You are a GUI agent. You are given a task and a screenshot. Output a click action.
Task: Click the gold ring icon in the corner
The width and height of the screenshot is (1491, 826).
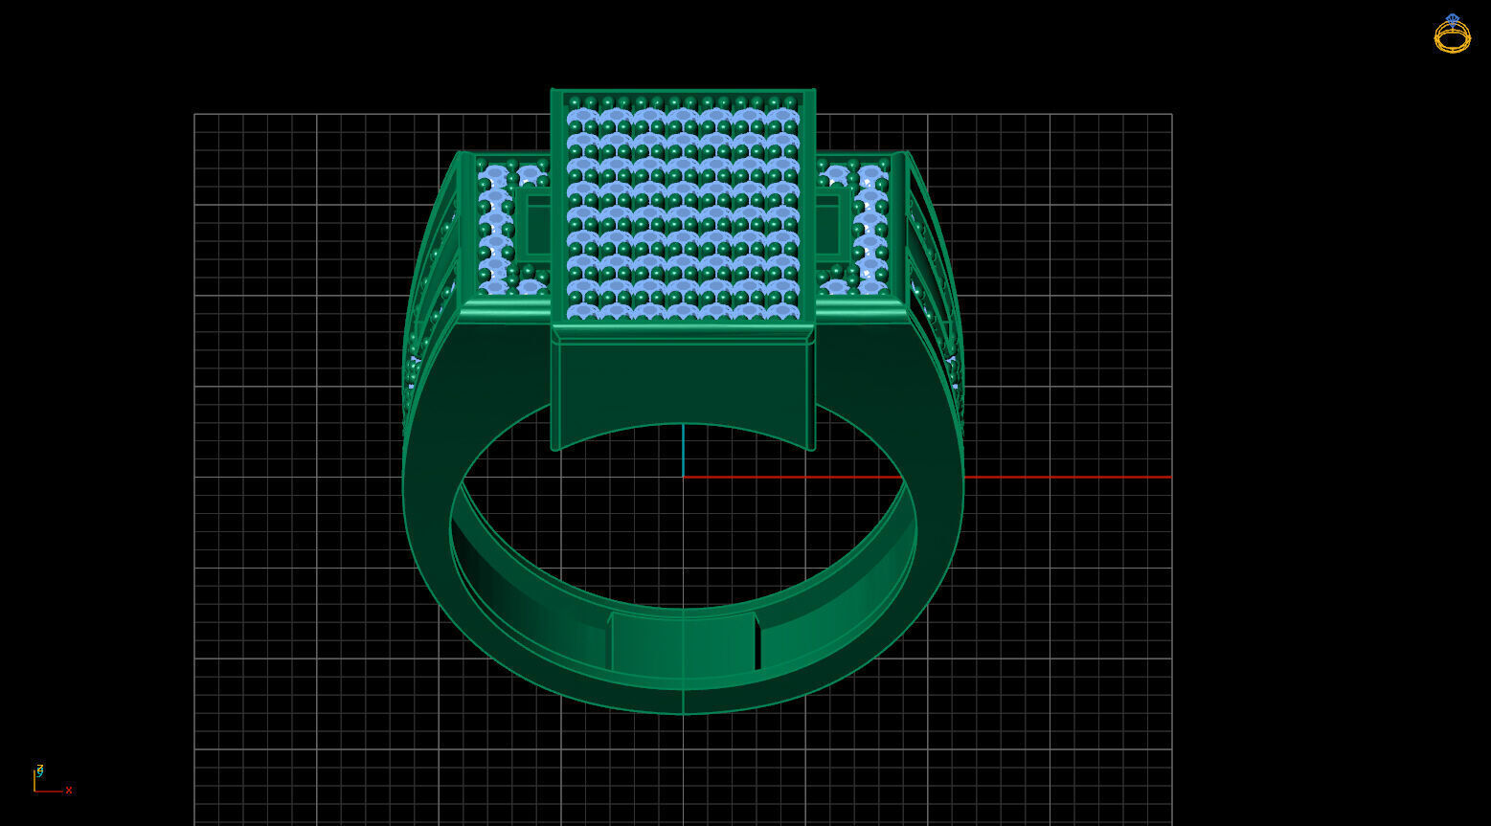click(1452, 34)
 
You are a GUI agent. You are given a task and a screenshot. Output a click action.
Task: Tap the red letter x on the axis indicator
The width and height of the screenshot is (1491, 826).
click(69, 791)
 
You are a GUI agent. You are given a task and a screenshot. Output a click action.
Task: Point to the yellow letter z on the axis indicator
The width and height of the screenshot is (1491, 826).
click(39, 769)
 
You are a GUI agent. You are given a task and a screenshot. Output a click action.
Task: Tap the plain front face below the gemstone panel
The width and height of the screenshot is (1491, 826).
click(683, 383)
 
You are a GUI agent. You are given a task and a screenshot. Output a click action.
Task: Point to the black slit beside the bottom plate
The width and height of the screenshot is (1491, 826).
click(757, 643)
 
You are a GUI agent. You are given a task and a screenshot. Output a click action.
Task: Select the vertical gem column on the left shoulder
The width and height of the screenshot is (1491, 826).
click(494, 230)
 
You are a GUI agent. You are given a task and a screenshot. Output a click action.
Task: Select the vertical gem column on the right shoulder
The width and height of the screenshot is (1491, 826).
click(871, 230)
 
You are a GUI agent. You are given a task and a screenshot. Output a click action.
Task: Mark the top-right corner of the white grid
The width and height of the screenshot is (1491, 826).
click(1171, 115)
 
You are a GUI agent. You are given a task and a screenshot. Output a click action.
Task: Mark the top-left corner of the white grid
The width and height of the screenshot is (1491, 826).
click(194, 115)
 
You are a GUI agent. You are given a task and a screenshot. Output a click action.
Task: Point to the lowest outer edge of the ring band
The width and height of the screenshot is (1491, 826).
click(683, 713)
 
